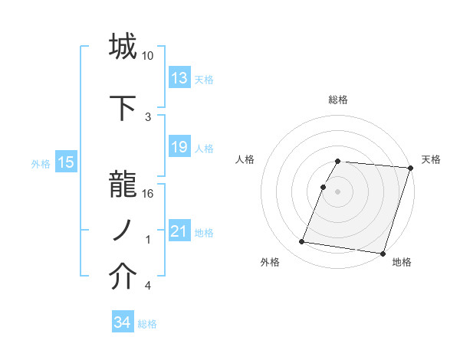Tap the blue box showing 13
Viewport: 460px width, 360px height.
[x=179, y=78]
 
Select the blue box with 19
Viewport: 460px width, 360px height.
[x=179, y=147]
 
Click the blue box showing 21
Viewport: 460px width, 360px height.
[x=179, y=231]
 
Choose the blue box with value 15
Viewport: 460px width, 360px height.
[x=65, y=162]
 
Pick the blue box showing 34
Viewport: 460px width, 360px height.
[x=122, y=322]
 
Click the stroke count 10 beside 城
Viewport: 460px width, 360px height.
[x=148, y=56]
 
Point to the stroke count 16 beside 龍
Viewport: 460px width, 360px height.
[x=148, y=193]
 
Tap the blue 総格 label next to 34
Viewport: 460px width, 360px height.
[x=147, y=324]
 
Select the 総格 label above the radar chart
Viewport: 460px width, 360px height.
[x=338, y=100]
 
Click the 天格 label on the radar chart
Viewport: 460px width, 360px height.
[x=431, y=159]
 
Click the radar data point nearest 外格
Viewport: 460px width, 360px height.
[x=302, y=242]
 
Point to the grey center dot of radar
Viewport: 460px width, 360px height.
[x=337, y=191]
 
